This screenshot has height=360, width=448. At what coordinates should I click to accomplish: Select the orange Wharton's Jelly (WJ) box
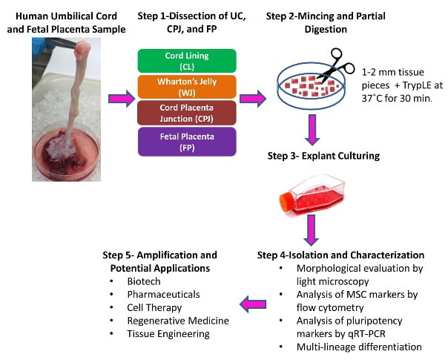pyautogui.click(x=186, y=86)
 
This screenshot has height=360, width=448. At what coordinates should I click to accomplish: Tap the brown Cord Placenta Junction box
pyautogui.click(x=186, y=112)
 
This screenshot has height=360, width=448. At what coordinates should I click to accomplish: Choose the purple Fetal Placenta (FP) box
pyautogui.click(x=186, y=139)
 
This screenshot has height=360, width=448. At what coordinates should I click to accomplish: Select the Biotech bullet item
pyautogui.click(x=142, y=282)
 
